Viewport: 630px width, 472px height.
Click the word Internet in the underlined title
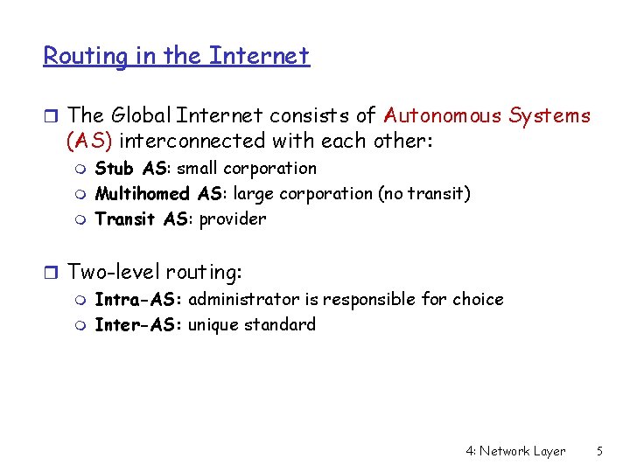pos(259,57)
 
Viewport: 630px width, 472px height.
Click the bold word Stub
pos(115,168)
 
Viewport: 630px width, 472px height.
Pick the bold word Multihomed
pos(142,193)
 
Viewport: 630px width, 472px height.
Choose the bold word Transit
pos(127,219)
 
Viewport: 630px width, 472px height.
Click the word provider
pos(233,219)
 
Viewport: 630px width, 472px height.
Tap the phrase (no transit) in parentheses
pos(423,193)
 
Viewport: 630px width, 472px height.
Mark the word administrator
pos(244,299)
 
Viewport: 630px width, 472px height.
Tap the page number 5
pos(599,451)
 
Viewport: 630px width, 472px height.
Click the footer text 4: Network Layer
pos(515,451)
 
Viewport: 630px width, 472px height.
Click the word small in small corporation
pos(198,168)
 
